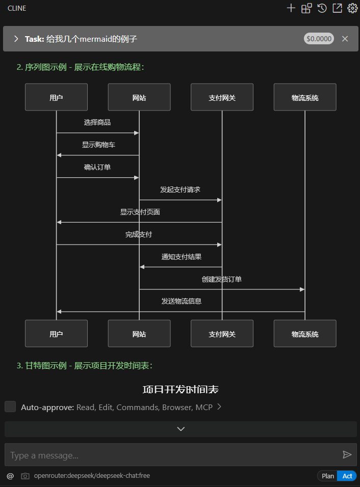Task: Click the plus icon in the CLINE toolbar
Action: click(x=291, y=8)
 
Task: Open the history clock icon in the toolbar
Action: click(x=322, y=8)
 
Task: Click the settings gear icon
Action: click(x=352, y=8)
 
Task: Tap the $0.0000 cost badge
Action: click(x=319, y=39)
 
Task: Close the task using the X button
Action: click(x=345, y=39)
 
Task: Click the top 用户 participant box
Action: click(x=56, y=97)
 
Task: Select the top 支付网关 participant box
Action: click(x=222, y=97)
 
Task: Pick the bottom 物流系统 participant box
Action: click(x=305, y=334)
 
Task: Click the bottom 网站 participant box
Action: click(x=139, y=334)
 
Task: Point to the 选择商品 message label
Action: click(x=97, y=122)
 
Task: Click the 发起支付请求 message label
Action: click(x=180, y=190)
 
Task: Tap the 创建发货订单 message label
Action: click(x=221, y=279)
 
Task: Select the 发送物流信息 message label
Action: click(x=181, y=301)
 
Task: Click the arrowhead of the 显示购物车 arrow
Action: click(x=59, y=155)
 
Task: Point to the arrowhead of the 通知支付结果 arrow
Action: click(x=142, y=267)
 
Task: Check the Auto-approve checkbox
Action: click(x=10, y=407)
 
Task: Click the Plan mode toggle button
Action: click(x=328, y=476)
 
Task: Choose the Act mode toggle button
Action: click(x=347, y=476)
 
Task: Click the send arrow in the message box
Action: click(x=347, y=455)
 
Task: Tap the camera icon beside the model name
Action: click(x=25, y=476)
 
